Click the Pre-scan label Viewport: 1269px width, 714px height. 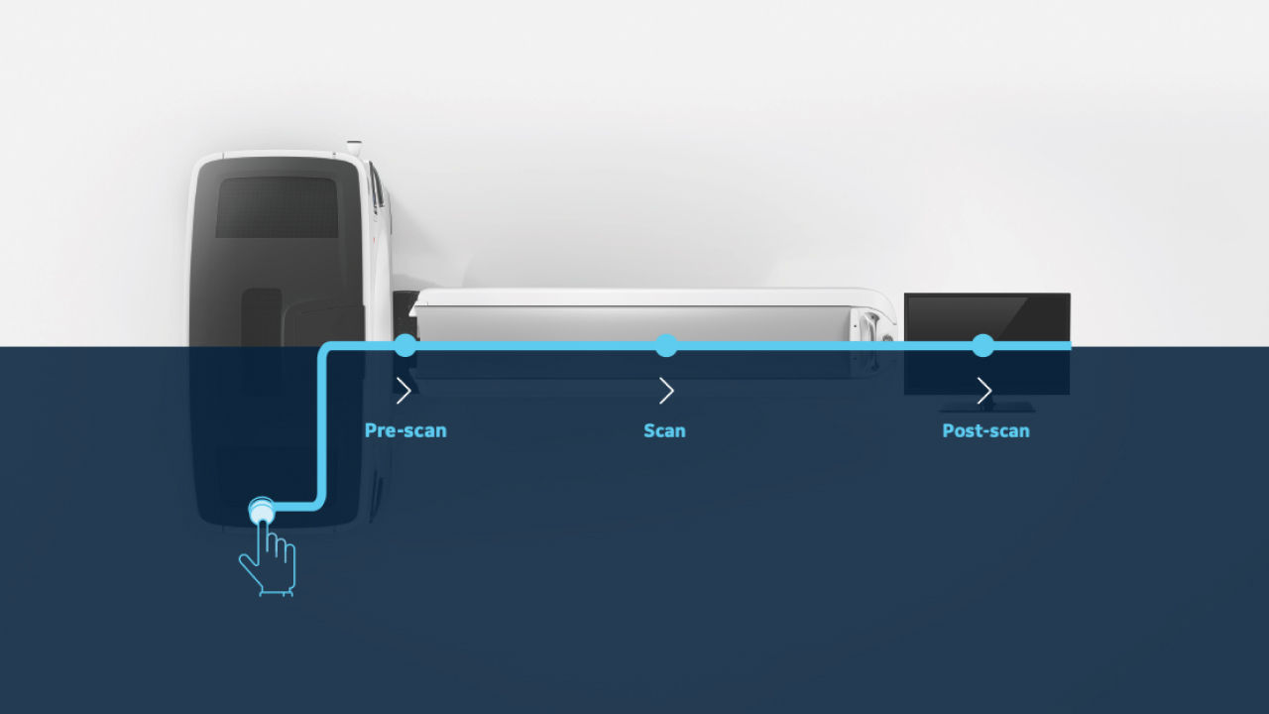405,431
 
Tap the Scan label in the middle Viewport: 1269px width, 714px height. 664,431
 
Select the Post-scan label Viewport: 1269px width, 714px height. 985,431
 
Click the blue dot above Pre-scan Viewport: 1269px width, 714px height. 404,345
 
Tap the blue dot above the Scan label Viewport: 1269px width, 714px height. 666,345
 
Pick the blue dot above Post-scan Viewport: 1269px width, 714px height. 982,345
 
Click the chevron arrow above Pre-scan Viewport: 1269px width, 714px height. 404,391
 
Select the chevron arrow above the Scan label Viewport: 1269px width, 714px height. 666,391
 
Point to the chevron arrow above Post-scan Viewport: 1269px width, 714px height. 984,391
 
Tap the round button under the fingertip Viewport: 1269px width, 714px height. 261,510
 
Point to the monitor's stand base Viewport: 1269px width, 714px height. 986,407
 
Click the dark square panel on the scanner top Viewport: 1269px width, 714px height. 277,207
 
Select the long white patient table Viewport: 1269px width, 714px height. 634,317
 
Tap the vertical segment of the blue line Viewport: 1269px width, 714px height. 320,426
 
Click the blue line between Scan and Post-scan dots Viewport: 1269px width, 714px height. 823,345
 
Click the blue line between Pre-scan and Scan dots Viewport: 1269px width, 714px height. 535,345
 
